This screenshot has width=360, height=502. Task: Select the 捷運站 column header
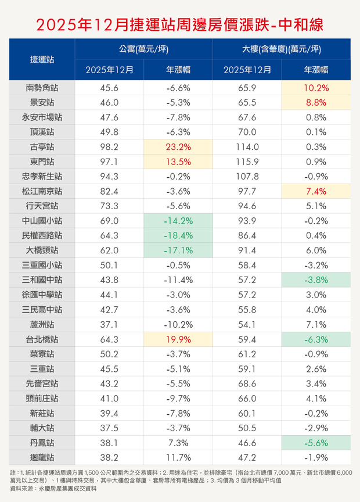coord(42,59)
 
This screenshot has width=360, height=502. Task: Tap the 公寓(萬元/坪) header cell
coord(143,49)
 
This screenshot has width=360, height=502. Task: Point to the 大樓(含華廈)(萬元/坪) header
coord(282,49)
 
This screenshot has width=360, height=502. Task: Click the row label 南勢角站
coord(42,88)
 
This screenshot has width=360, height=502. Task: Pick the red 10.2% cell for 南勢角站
coord(316,88)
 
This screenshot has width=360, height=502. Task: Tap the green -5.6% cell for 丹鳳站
coord(316,442)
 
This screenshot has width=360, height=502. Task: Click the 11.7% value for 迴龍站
coord(178,457)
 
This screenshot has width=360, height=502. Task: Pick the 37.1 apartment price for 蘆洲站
coord(109,324)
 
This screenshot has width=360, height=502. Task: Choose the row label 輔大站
coord(42,428)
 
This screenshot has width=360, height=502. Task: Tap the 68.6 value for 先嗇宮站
coord(247,383)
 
